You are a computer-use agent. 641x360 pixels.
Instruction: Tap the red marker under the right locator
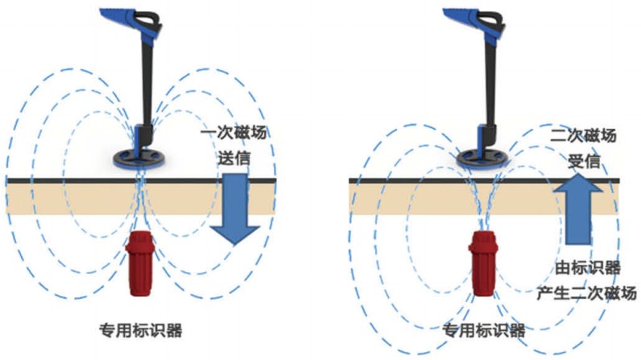pos(483,263)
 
